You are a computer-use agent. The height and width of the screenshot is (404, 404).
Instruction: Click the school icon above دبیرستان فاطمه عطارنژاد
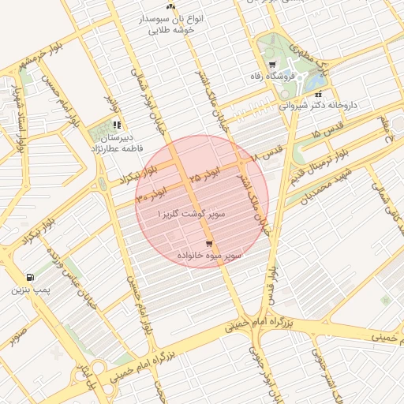[117, 125]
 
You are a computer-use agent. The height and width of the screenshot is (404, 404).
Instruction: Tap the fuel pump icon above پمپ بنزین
[30, 277]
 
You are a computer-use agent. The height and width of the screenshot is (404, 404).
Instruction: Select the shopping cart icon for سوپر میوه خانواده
[208, 245]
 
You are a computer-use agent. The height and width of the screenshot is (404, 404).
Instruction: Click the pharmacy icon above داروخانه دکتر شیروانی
[318, 94]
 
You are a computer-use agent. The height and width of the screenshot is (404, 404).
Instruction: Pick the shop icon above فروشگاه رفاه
[272, 65]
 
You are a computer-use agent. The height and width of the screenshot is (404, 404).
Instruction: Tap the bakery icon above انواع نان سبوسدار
[170, 6]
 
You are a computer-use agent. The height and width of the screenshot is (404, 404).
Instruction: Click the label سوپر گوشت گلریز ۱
[181, 214]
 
